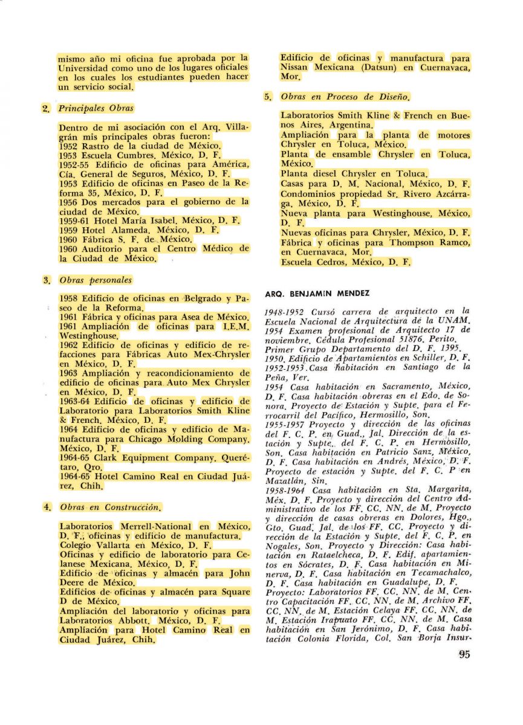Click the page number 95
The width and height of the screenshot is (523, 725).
coord(464,654)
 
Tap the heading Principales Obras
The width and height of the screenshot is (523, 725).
coord(96,109)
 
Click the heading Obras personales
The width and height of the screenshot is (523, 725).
coord(96,280)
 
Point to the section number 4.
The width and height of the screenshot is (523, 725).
coord(47,507)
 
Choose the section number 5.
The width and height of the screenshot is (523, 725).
coord(268,97)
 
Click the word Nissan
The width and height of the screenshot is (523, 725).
coord(296,68)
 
